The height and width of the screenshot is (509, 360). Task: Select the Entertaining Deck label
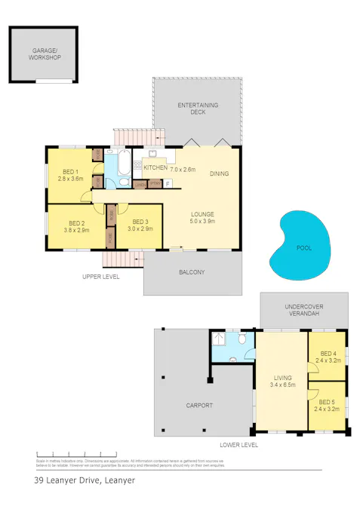pyautogui.click(x=197, y=108)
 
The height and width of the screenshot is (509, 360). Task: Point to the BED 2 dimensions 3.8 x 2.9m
pyautogui.click(x=76, y=230)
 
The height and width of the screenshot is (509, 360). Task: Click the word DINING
pyautogui.click(x=219, y=173)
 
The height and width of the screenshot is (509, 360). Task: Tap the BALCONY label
pyautogui.click(x=192, y=272)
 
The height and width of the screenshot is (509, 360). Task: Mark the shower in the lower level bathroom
pyautogui.click(x=220, y=339)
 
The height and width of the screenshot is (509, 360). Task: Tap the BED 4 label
pyautogui.click(x=329, y=357)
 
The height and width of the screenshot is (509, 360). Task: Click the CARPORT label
pyautogui.click(x=199, y=405)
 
